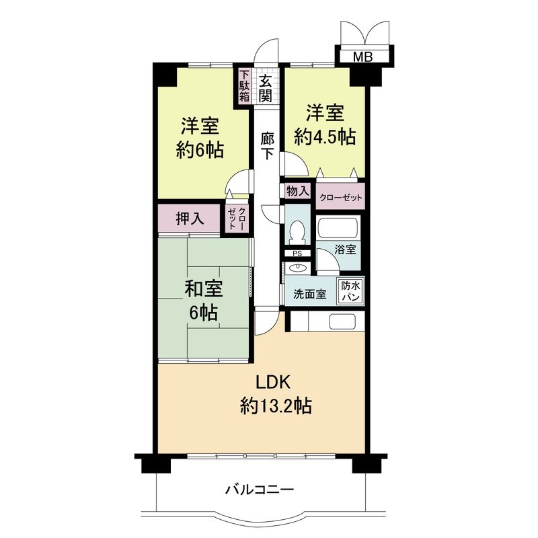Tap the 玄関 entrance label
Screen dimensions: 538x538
pyautogui.click(x=266, y=88)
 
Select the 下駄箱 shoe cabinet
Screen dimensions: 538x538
pyautogui.click(x=244, y=86)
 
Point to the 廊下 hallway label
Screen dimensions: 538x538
pyautogui.click(x=267, y=144)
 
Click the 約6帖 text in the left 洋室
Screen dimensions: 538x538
pyautogui.click(x=200, y=149)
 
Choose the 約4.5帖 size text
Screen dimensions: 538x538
pyautogui.click(x=325, y=137)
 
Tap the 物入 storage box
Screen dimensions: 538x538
pyautogui.click(x=297, y=191)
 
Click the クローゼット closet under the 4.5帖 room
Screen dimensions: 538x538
pyautogui.click(x=340, y=198)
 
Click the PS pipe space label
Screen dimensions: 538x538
pyautogui.click(x=297, y=254)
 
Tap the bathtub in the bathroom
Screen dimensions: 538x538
pyautogui.click(x=338, y=228)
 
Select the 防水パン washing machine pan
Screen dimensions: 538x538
pyautogui.click(x=350, y=291)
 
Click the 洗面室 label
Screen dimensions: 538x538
pyautogui.click(x=309, y=294)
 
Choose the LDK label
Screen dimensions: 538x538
pyautogui.click(x=272, y=383)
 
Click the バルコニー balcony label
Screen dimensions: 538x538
pyautogui.click(x=259, y=490)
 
